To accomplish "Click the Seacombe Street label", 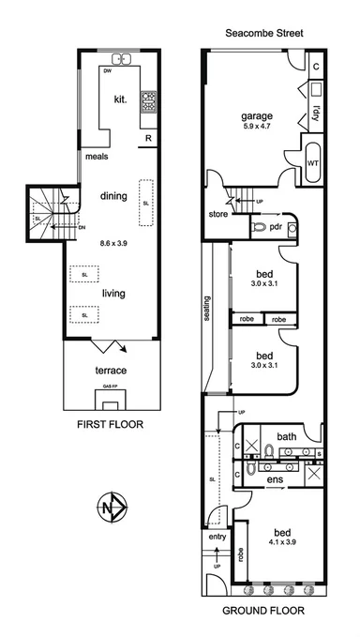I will click(262, 33).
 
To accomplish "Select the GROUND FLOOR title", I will click(263, 610).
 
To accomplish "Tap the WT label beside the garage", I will click(312, 161).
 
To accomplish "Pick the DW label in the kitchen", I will click(109, 69).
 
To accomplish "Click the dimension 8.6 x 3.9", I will click(113, 243).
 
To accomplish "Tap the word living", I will click(114, 294).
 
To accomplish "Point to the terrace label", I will click(110, 371).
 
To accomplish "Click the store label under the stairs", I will click(218, 213).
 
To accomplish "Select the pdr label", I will click(277, 227).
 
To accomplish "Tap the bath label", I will click(286, 436).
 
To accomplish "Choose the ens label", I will click(277, 480).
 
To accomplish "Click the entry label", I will click(217, 537).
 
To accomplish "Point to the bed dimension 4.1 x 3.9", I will click(276, 539).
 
